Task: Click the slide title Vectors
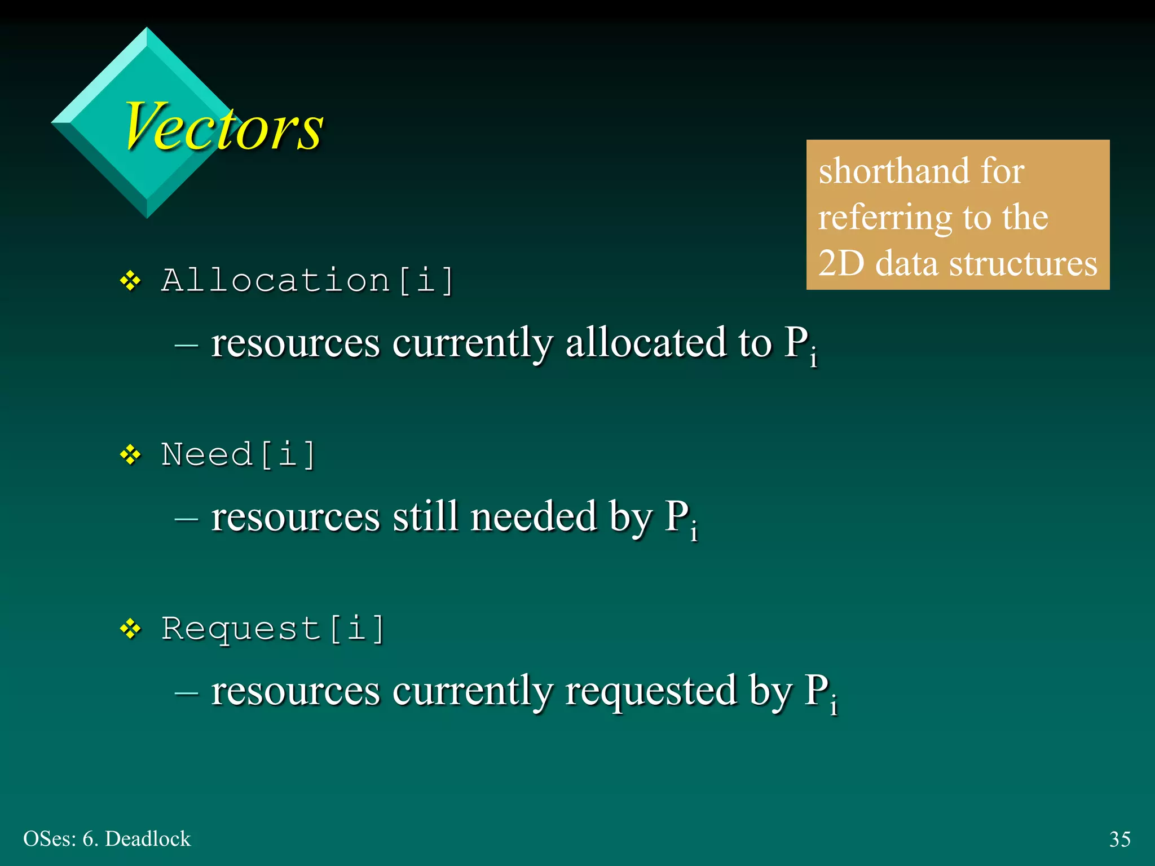(x=223, y=127)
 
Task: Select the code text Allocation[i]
(x=307, y=280)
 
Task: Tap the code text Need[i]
(x=238, y=454)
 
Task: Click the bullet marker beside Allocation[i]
(x=131, y=281)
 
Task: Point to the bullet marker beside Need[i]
(x=131, y=454)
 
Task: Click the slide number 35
(x=1119, y=839)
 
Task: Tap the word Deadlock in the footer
(x=148, y=839)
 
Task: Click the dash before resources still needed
(x=186, y=518)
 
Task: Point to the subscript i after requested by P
(x=834, y=706)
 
